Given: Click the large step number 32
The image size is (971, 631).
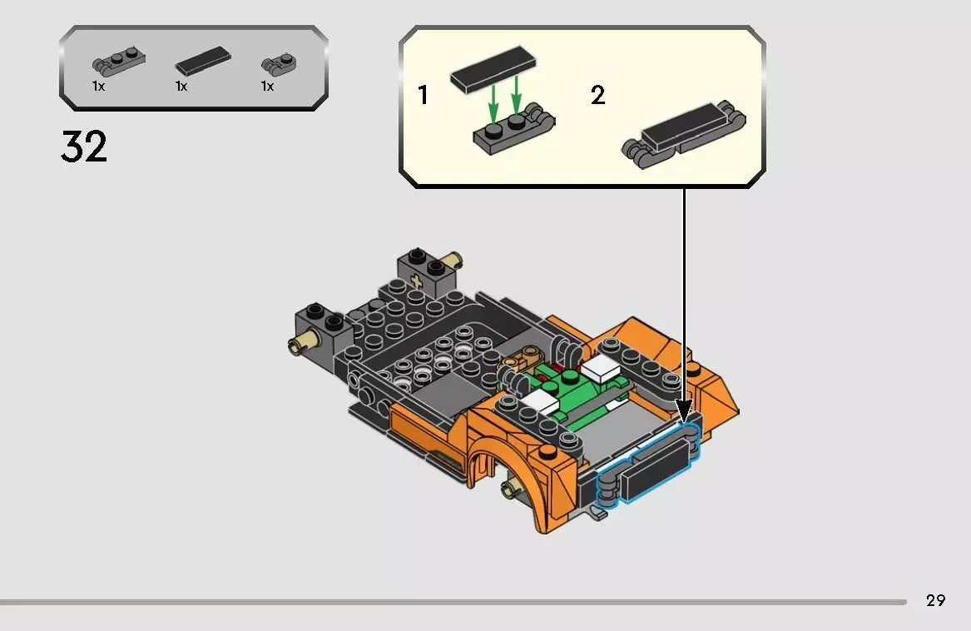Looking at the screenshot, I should pos(84,147).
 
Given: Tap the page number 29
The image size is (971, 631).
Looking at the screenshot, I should pos(935,600).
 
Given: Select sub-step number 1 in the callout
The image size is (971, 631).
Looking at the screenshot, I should pos(424,96).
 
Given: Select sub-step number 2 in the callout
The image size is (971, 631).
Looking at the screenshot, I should pos(597,96).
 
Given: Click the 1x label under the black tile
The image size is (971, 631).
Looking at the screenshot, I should pos(181,87).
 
